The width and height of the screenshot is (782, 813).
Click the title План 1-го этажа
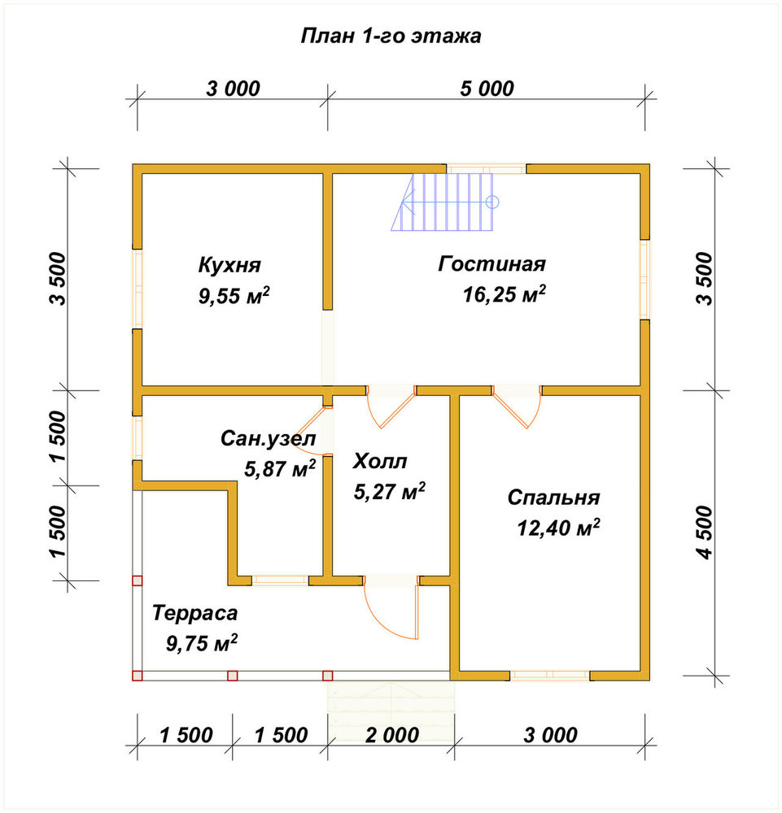coord(391,36)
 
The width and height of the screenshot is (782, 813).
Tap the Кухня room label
coord(229,265)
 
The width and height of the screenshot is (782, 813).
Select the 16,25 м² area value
coord(505,294)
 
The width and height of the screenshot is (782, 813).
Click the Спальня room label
coord(553,498)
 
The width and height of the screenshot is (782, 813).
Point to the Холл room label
coord(380,461)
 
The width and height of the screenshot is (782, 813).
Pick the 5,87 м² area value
coord(280,469)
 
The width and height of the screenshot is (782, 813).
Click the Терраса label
coord(194,613)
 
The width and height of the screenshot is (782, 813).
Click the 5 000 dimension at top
coord(487,89)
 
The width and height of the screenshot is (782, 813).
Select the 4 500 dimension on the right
coord(706,533)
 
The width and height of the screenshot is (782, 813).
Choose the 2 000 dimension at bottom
coord(391,735)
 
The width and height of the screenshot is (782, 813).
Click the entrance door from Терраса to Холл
coord(391,607)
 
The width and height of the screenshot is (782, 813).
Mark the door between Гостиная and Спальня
coord(517,406)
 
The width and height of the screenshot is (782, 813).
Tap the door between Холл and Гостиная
coord(391,406)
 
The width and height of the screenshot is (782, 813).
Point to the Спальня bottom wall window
coord(550,675)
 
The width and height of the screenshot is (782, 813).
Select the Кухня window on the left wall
coord(137,289)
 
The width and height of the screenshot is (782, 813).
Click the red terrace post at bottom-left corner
coord(137,676)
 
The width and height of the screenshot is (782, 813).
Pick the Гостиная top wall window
coord(487,168)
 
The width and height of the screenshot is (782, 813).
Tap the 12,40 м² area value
coord(558,528)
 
